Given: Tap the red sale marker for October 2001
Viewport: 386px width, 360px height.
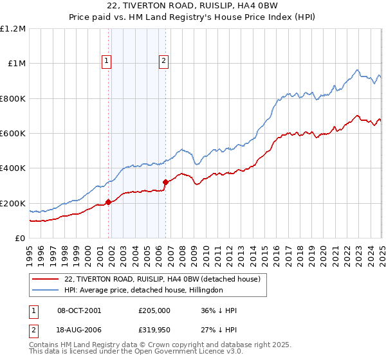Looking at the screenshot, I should (x=108, y=203).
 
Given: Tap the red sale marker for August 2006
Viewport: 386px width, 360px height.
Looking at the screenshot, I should (x=165, y=182).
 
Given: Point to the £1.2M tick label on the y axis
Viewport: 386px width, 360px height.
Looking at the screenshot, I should (x=13, y=29).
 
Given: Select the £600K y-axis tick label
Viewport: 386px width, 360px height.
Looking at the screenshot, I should (x=13, y=134).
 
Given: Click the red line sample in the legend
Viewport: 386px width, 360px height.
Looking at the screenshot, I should (x=46, y=279).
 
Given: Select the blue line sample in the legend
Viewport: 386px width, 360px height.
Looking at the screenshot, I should (x=46, y=290).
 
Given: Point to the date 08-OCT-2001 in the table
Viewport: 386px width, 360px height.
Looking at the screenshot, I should (x=79, y=310).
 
